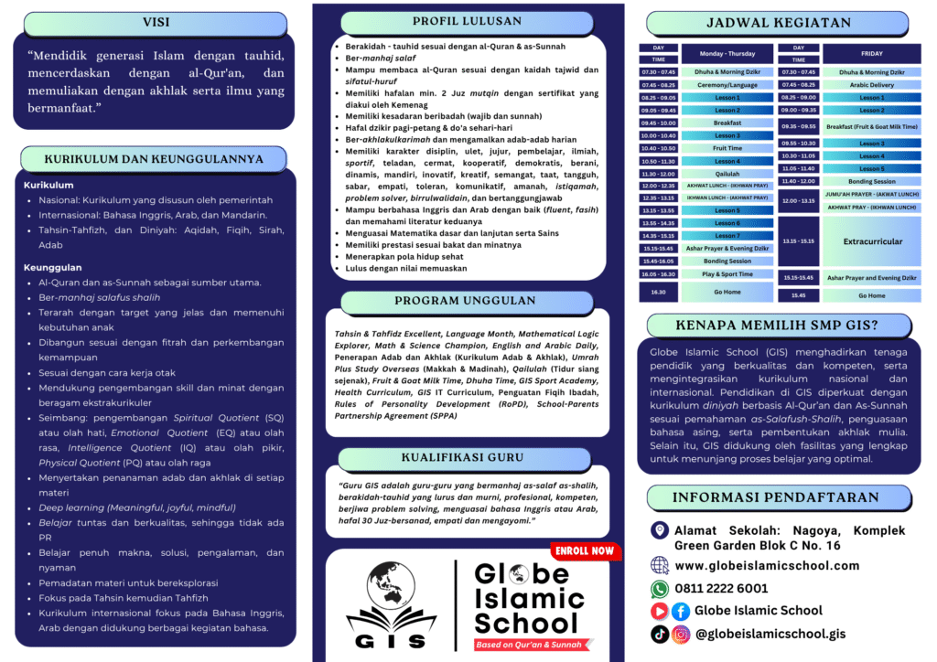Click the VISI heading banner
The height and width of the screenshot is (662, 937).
point(156,23)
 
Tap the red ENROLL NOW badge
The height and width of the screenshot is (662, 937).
point(584,550)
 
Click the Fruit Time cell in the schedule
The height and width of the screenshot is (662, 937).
point(727,148)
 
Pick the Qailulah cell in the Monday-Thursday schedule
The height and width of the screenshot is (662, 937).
point(727,174)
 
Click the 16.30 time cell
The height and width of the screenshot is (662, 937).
point(658,292)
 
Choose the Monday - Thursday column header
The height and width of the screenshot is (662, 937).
point(727,54)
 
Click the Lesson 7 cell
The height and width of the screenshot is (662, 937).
point(727,236)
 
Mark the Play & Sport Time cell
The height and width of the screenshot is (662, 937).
point(727,273)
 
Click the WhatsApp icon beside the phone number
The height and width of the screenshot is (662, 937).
point(660,589)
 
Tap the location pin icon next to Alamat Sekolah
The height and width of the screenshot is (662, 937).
point(659,530)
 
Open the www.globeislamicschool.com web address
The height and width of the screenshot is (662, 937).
point(767,566)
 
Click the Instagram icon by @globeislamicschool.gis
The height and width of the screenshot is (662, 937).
point(681,634)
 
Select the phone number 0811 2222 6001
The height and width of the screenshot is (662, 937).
point(721,589)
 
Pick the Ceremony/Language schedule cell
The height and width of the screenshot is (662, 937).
point(727,85)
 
